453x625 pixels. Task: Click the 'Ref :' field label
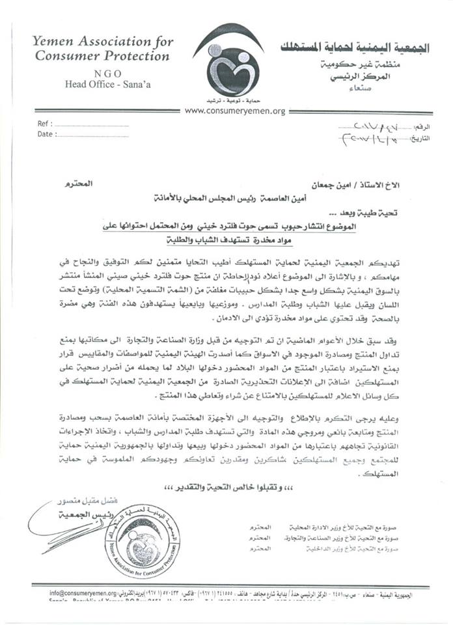pos(44,122)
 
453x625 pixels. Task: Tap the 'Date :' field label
pos(45,134)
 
